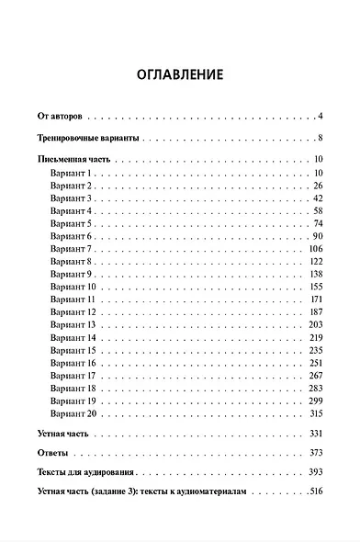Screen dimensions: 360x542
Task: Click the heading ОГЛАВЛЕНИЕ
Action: pos(179,73)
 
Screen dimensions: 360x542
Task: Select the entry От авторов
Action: pos(60,117)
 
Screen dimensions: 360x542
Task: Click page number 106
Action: pos(317,249)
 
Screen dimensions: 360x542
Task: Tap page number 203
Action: pos(317,325)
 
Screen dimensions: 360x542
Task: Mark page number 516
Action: pos(317,494)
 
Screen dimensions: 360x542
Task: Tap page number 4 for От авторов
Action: pos(321,117)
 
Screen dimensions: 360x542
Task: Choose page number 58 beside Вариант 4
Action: pos(319,210)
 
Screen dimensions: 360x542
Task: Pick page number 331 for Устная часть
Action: pos(317,433)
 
